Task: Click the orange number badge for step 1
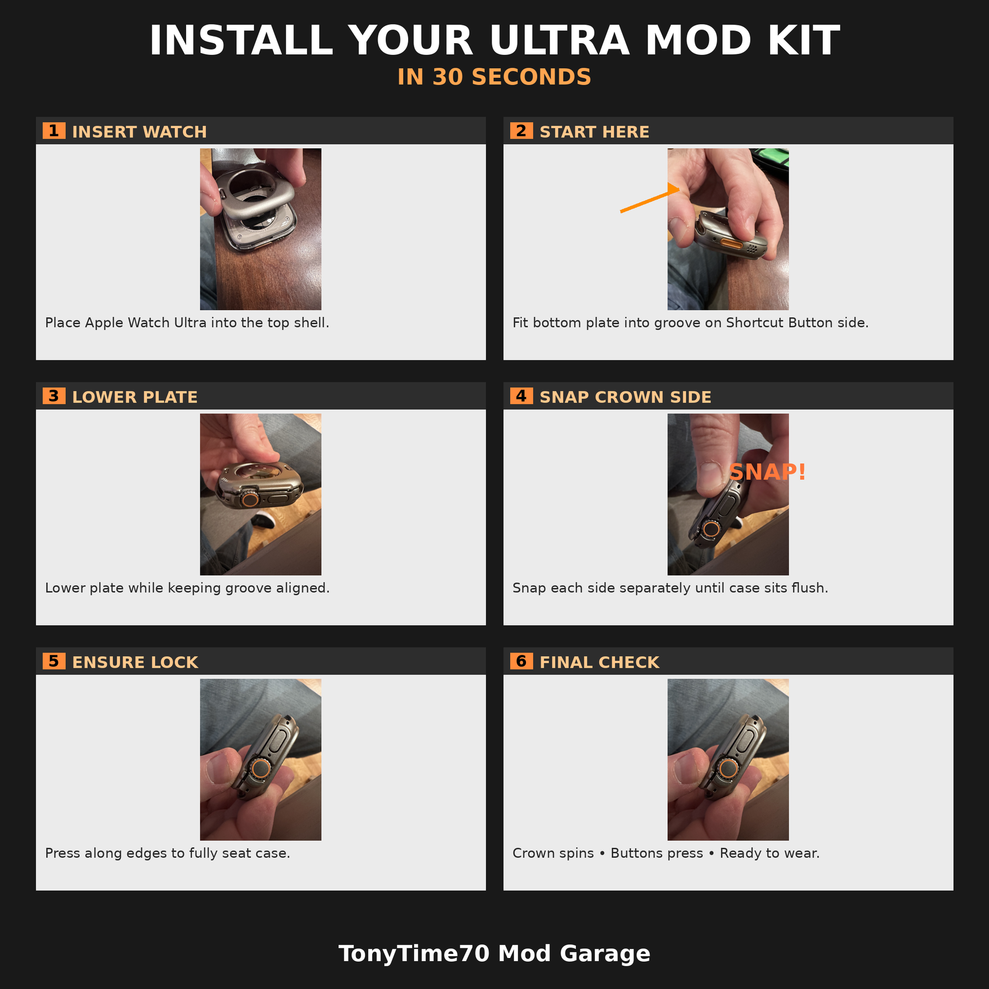(54, 131)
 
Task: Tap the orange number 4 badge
(521, 396)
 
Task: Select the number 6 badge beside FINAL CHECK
(521, 661)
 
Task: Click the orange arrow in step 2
(650, 200)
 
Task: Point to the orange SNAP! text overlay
(767, 472)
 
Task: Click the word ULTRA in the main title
(560, 41)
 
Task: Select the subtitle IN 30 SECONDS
(494, 77)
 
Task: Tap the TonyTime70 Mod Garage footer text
(494, 953)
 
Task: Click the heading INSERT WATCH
(139, 132)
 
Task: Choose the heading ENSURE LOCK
(135, 662)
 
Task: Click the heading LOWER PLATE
(135, 397)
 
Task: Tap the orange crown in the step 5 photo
(261, 768)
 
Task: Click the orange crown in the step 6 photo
(728, 768)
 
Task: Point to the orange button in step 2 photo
(731, 243)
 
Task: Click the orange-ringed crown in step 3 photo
(250, 499)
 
